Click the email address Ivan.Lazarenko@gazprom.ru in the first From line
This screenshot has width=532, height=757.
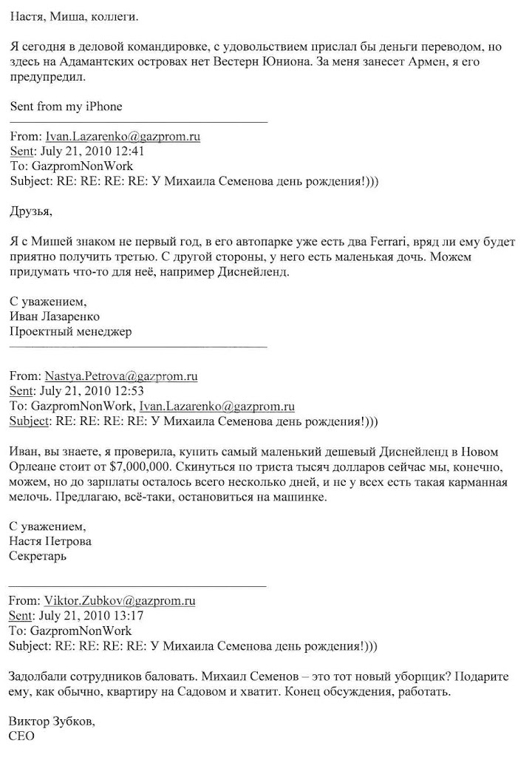123,137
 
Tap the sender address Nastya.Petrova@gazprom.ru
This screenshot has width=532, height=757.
121,376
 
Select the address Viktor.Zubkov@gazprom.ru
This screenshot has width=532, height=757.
120,601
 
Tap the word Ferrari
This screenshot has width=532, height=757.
381,242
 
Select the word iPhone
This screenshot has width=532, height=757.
103,106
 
